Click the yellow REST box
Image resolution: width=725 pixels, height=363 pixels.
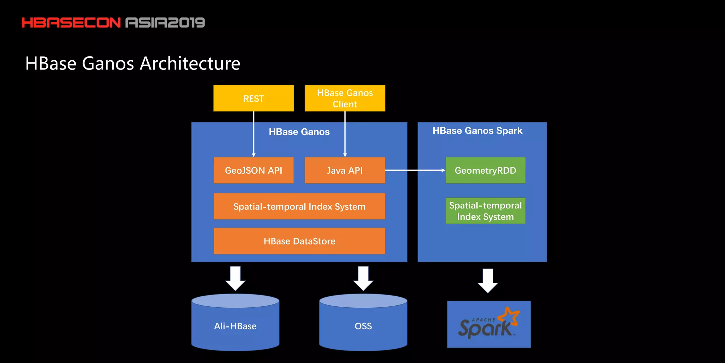click(x=253, y=98)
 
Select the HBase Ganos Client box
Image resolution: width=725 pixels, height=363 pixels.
click(x=345, y=98)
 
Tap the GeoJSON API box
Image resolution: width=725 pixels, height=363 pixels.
click(x=253, y=171)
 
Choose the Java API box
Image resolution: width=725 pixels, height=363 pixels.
click(x=345, y=171)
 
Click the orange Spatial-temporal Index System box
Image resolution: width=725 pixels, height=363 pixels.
click(x=299, y=206)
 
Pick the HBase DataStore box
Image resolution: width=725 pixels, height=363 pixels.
click(x=299, y=241)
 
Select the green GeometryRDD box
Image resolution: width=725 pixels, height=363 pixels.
click(x=485, y=171)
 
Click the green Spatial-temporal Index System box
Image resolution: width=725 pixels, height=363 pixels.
click(x=485, y=211)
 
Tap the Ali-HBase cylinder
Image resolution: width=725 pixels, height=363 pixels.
click(x=235, y=326)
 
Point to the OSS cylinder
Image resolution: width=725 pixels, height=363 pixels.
click(x=363, y=326)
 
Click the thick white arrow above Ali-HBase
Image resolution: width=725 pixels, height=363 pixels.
click(x=235, y=279)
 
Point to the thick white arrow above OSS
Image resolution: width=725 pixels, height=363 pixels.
click(x=363, y=279)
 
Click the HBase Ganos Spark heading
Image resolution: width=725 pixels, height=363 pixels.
click(x=477, y=131)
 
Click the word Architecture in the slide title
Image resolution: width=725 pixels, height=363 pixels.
click(x=190, y=64)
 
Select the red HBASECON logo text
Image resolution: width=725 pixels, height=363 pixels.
click(x=71, y=23)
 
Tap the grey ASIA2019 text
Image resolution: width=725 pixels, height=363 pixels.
click(x=165, y=23)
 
